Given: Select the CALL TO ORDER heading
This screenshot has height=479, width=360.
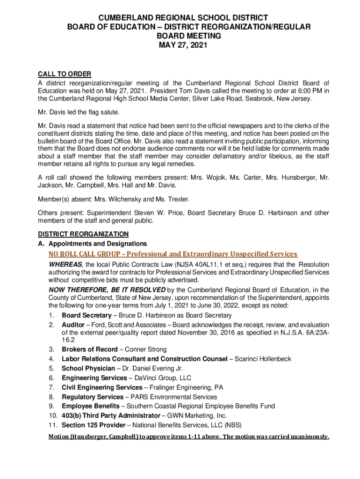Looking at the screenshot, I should [x=64, y=74].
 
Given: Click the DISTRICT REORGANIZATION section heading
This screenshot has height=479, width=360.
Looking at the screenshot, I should [x=83, y=234].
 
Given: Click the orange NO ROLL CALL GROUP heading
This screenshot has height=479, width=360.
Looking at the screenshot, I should [x=173, y=254].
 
